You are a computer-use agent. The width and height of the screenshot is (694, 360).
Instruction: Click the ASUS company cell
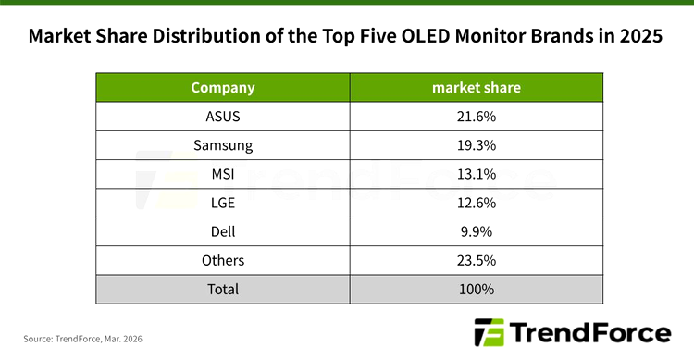(222, 117)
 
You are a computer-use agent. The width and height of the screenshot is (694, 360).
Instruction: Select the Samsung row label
(222, 145)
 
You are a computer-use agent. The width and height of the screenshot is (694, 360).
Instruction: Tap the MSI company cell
(222, 174)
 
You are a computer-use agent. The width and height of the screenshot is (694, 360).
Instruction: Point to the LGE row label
(222, 203)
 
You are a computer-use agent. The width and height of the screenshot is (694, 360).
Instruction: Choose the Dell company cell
(222, 231)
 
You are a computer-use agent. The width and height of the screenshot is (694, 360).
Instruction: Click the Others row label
(222, 260)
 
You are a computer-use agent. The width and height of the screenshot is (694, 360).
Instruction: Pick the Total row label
(222, 289)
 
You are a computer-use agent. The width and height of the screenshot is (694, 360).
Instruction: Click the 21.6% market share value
(476, 117)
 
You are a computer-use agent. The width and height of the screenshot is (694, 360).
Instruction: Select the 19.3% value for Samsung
(476, 145)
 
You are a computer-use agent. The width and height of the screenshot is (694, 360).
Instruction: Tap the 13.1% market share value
(476, 174)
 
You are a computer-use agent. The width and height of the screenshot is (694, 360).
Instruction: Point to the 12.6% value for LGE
(476, 203)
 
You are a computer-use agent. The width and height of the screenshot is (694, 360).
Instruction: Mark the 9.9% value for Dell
(476, 231)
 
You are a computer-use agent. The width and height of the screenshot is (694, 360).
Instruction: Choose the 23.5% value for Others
(476, 260)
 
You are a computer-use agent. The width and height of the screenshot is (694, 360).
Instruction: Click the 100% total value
(476, 289)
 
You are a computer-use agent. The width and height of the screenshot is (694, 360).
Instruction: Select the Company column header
(222, 88)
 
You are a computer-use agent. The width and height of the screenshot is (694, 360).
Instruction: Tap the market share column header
(476, 88)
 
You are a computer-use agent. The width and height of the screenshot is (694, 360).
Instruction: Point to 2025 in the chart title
(639, 38)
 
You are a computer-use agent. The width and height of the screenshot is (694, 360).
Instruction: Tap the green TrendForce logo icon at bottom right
(487, 332)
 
